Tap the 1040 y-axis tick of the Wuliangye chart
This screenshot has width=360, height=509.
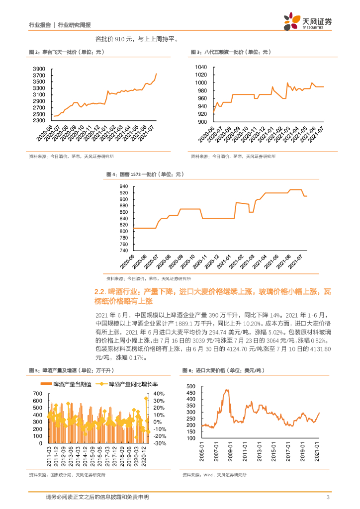pyautogui.click(x=201, y=67)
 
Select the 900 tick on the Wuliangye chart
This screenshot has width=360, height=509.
pyautogui.click(x=203, y=122)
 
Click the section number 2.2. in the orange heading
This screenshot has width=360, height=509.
pyautogui.click(x=100, y=292)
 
